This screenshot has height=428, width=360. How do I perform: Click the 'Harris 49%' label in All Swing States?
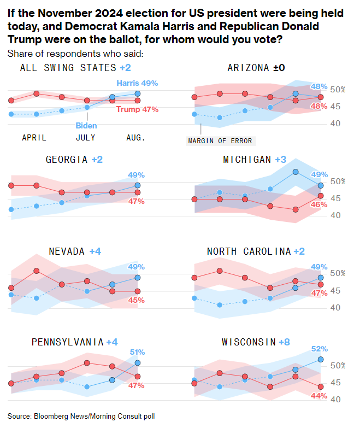(x=138, y=83)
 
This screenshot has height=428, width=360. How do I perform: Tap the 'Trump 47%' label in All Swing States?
(x=137, y=109)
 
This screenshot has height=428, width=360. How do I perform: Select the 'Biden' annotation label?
(x=86, y=126)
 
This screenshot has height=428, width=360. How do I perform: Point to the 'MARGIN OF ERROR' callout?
(x=220, y=140)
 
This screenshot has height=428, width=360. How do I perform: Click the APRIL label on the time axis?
(x=34, y=138)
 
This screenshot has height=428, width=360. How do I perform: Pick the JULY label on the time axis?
(x=86, y=138)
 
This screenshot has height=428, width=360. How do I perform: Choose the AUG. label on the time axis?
(x=136, y=138)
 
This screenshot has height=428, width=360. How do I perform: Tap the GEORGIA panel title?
(x=67, y=160)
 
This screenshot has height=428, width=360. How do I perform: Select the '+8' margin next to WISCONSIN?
(x=285, y=342)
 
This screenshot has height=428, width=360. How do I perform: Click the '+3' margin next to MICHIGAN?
(x=281, y=160)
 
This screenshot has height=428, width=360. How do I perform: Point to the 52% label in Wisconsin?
(x=320, y=349)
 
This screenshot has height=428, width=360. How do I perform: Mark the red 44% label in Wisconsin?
(x=320, y=395)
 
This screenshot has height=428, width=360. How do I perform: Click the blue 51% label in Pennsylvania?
(x=137, y=352)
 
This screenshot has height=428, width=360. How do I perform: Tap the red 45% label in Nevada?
(x=137, y=300)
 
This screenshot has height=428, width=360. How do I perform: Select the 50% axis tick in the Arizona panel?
(x=339, y=89)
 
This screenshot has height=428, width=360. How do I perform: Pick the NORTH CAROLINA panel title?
(x=249, y=251)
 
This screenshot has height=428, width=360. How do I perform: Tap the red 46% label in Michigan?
(x=320, y=204)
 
